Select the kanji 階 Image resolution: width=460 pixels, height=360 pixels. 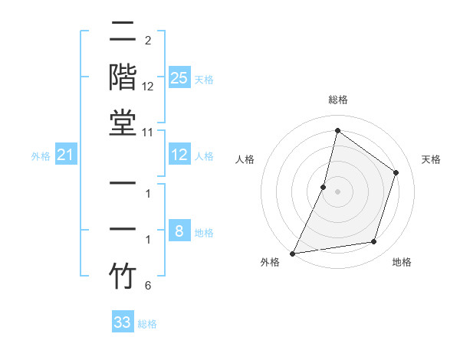[x=123, y=78]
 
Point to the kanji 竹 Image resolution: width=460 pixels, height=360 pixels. [x=123, y=276]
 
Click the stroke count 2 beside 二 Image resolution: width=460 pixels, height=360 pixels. [x=147, y=40]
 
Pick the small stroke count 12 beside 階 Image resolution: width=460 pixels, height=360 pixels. [x=149, y=87]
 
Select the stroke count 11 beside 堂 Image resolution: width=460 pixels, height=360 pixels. [x=149, y=132]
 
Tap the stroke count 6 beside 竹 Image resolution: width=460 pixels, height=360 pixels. [x=147, y=286]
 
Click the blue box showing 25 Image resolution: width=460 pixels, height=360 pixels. [x=179, y=77]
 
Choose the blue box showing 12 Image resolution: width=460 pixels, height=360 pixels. [x=179, y=155]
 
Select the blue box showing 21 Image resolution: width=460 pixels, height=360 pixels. [x=66, y=155]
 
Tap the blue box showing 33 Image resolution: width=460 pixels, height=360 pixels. [x=123, y=322]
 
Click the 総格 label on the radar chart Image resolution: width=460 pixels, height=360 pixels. [x=337, y=100]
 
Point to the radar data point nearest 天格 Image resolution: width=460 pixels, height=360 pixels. [x=396, y=172]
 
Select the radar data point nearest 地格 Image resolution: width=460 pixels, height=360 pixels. [x=374, y=242]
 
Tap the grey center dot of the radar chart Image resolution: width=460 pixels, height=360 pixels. [x=337, y=191]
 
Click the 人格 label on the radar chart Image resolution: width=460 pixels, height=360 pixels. [x=245, y=159]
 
